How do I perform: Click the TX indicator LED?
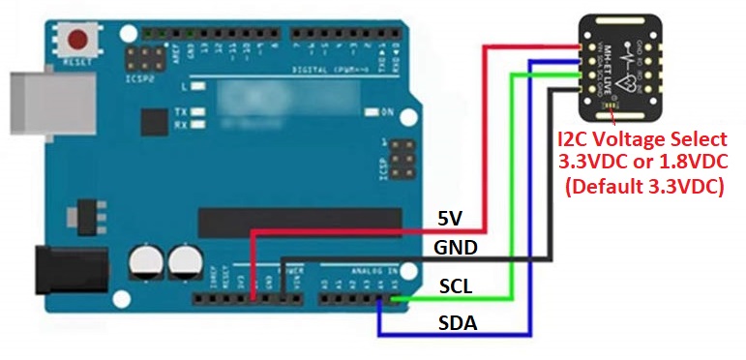(x=199, y=112)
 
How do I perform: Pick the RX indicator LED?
(x=199, y=124)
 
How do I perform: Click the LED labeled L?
(x=199, y=86)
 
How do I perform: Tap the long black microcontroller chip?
(x=299, y=222)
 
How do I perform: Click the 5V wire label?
(x=451, y=219)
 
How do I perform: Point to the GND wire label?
(x=455, y=248)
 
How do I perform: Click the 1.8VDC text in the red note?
(x=688, y=163)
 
